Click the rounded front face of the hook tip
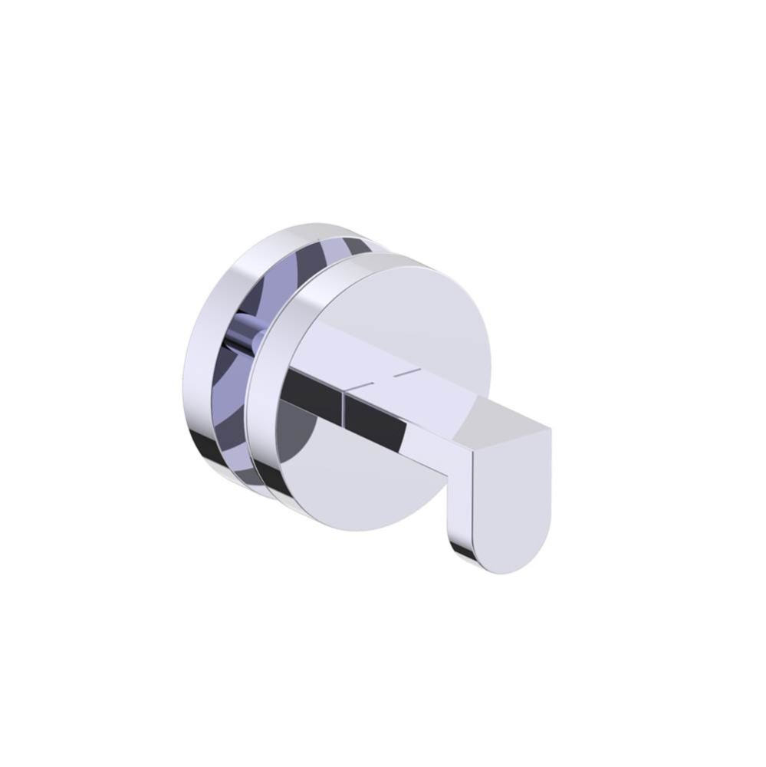[511, 499]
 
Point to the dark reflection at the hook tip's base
[462, 548]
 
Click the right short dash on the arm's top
[408, 373]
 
